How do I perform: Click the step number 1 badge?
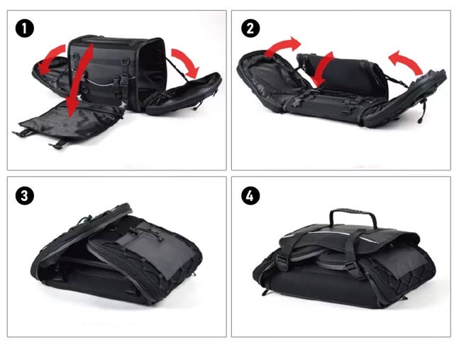[25, 28]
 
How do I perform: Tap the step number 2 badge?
[250, 28]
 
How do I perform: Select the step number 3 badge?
[25, 196]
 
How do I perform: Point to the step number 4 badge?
[250, 196]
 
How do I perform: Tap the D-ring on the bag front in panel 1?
[126, 62]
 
